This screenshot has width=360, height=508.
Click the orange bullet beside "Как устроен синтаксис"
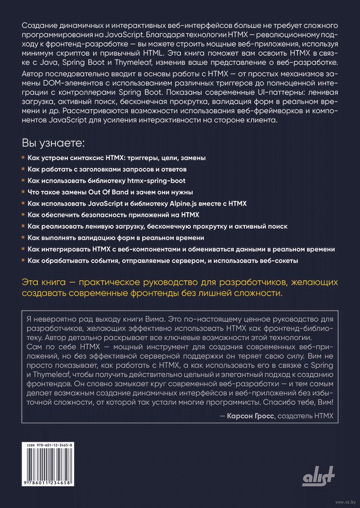click(23, 158)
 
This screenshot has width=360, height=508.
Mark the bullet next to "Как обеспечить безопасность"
click(23, 215)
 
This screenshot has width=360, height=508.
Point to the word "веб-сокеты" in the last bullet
click(280, 260)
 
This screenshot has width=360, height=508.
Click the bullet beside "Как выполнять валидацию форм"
click(23, 238)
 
